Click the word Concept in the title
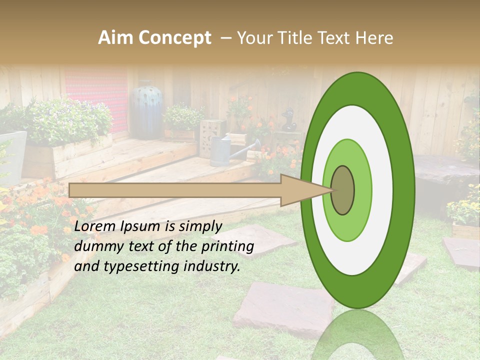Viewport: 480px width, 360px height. pos(175,38)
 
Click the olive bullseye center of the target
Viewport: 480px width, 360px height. pos(343,190)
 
